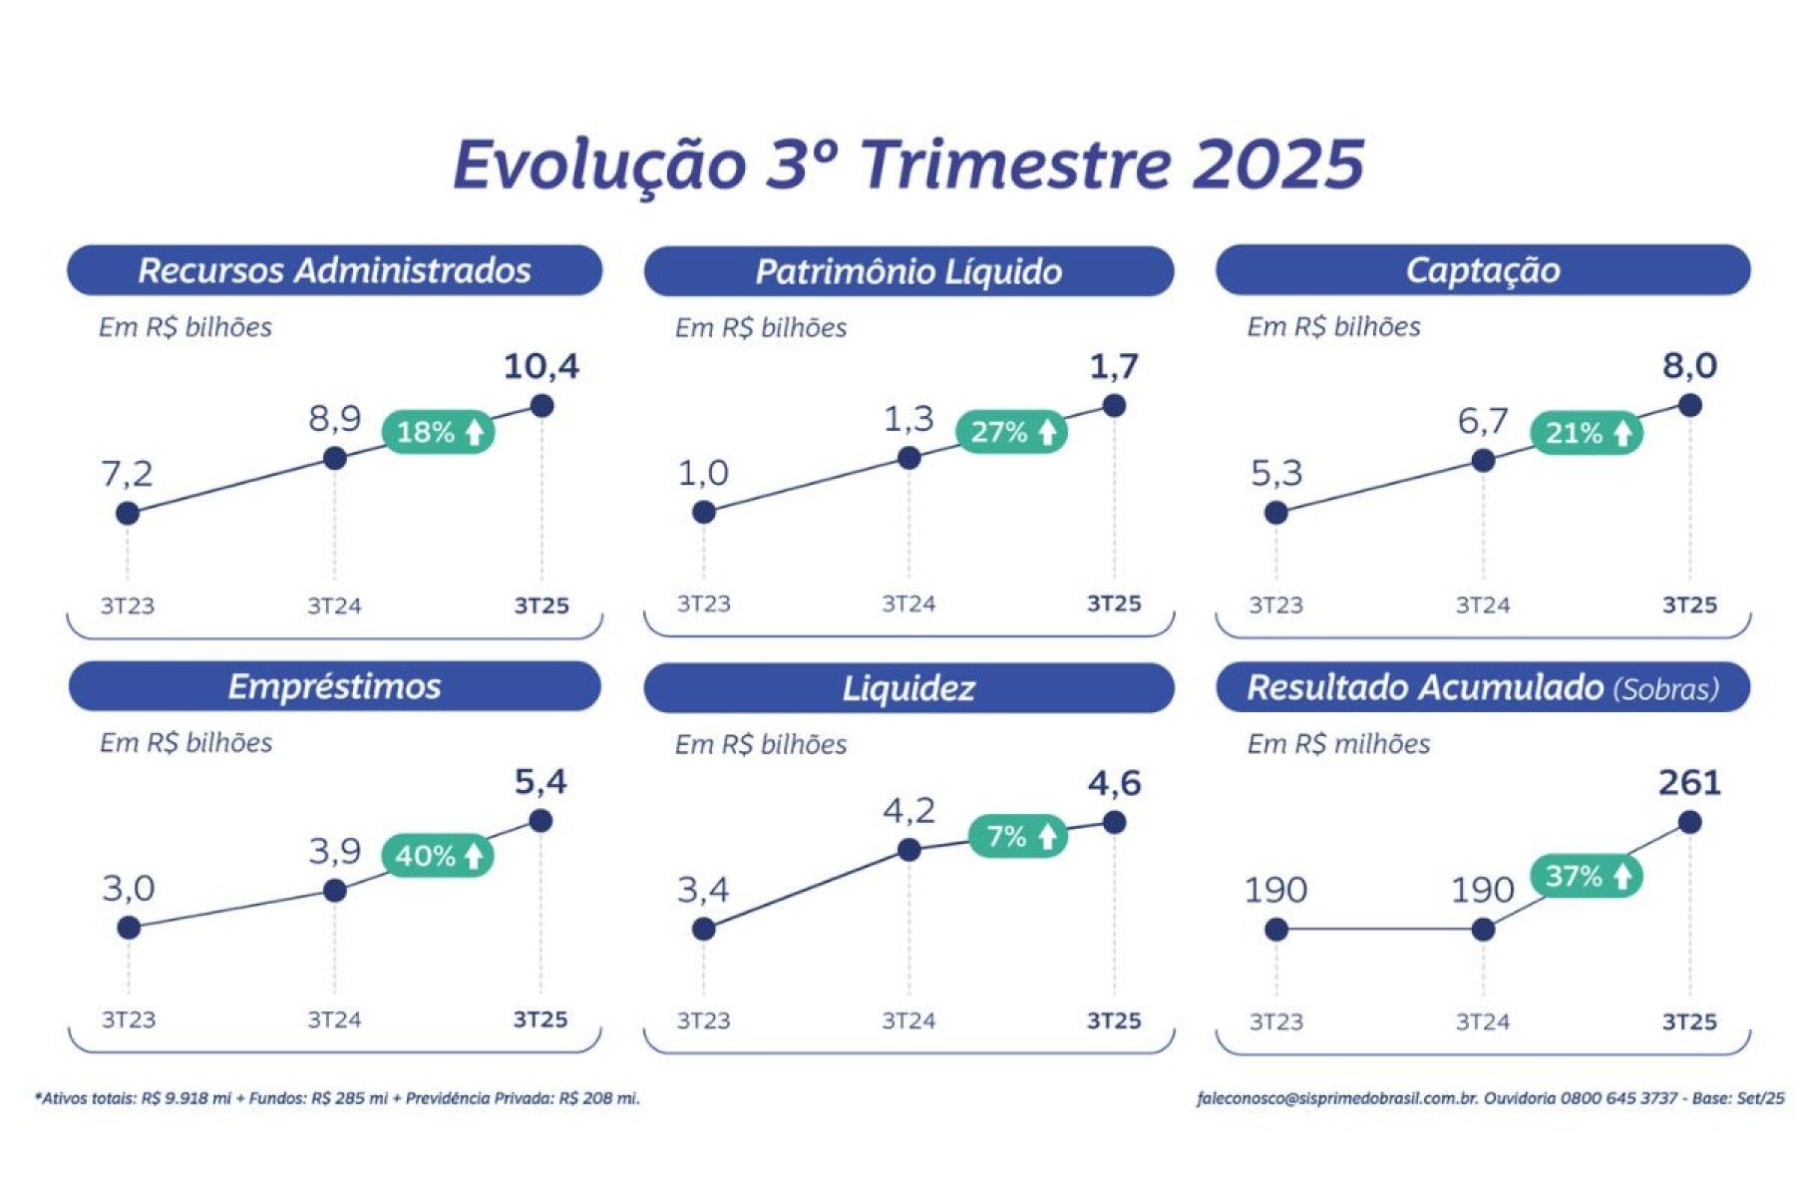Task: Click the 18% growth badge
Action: tap(439, 432)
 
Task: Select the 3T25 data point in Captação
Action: tap(1689, 405)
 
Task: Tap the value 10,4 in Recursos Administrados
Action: tap(540, 366)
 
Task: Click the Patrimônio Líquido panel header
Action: tap(908, 271)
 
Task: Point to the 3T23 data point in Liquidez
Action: tap(703, 929)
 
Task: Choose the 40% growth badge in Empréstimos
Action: tap(438, 856)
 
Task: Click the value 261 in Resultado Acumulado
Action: tap(1689, 782)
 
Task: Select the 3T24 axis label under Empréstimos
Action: tap(334, 1019)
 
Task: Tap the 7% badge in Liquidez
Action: tap(1018, 836)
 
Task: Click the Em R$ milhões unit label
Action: tap(1338, 744)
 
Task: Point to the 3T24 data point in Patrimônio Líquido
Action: tap(908, 458)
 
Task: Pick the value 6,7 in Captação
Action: tap(1483, 421)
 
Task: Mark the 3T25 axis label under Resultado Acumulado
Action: tap(1689, 1021)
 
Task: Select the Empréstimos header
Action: tap(335, 686)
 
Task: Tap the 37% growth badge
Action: tap(1587, 877)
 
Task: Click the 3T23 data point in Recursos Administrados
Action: tap(128, 513)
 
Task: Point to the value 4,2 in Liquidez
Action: tap(908, 811)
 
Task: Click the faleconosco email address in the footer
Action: tap(1337, 1098)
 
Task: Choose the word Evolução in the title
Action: tap(599, 165)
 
